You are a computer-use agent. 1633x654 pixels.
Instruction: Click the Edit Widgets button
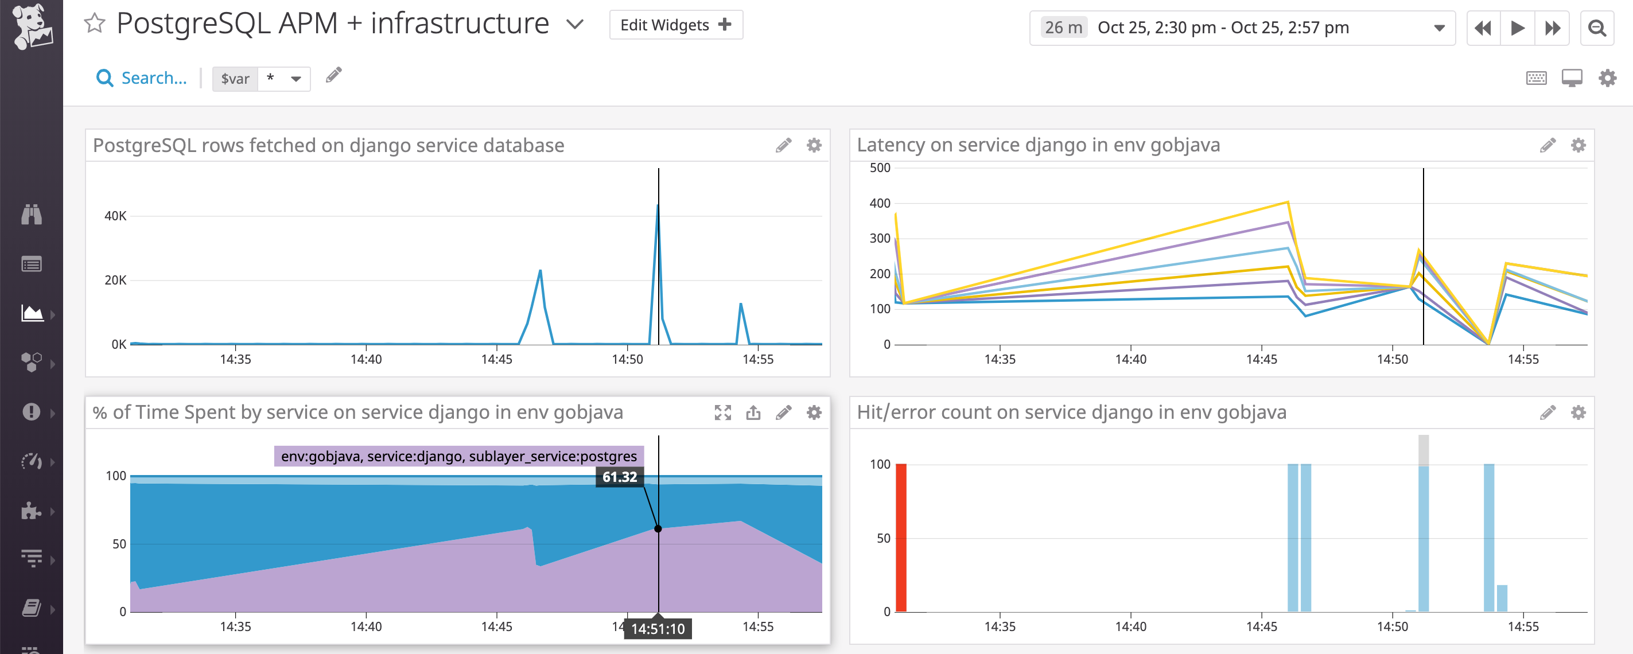675,25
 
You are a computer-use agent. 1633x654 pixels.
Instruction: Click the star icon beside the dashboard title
95,24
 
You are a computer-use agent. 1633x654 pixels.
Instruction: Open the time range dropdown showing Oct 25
1242,28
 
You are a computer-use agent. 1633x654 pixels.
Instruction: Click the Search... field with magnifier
142,78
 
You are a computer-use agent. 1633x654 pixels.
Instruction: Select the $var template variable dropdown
261,79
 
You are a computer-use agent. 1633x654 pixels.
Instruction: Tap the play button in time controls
1517,28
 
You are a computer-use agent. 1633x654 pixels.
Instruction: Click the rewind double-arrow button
1483,28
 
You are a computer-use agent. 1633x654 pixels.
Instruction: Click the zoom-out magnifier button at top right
1596,28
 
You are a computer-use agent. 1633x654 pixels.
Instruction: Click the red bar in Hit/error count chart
901,538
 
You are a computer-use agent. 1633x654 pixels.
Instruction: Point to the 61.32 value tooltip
619,477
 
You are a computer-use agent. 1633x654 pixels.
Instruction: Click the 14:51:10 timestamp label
658,629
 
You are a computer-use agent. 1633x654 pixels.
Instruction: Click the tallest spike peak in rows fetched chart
658,206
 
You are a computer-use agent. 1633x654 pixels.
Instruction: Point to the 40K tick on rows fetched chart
115,216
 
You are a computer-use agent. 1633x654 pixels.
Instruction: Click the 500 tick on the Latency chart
879,168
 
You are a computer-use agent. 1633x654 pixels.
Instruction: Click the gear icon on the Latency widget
1578,146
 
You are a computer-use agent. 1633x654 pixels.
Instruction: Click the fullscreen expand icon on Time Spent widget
722,413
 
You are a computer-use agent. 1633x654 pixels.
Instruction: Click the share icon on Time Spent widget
753,413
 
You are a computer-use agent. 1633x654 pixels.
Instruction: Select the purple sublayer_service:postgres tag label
458,456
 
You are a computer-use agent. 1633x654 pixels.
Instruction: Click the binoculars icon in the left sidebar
32,215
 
